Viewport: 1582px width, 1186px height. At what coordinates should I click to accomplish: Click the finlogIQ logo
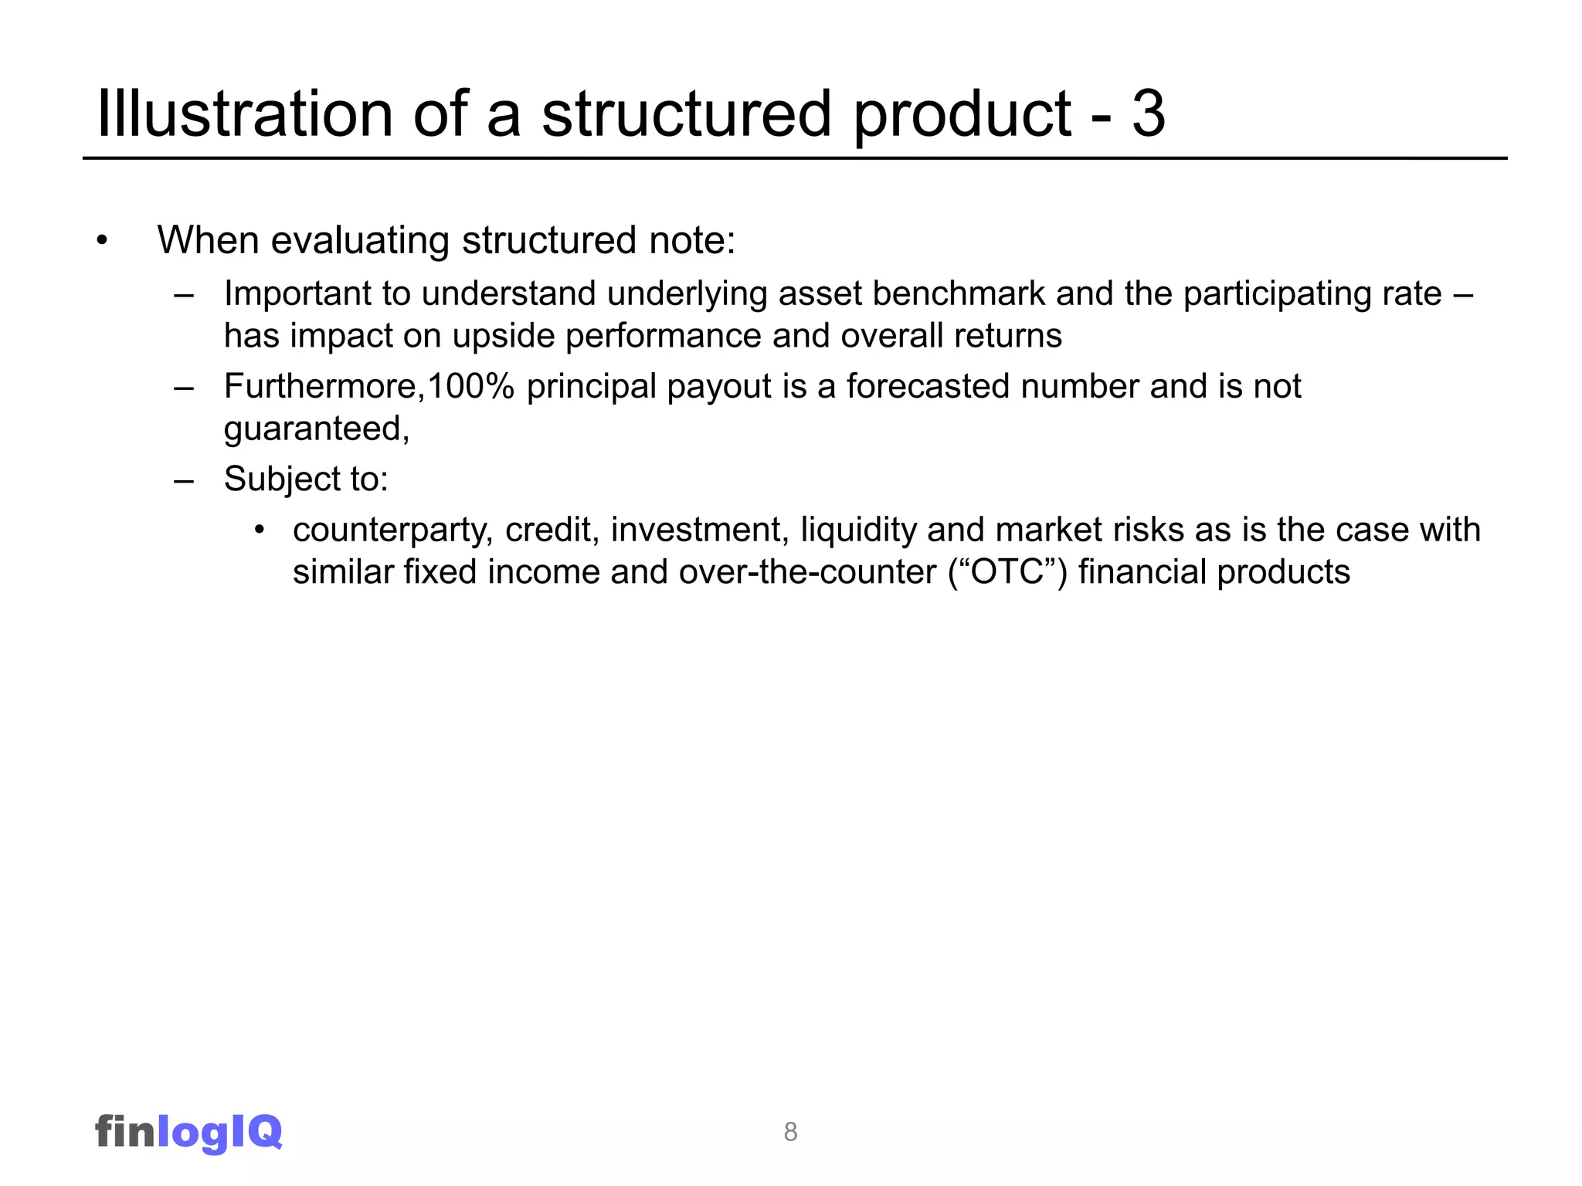tap(188, 1132)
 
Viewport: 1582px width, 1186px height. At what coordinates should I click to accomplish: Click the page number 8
tap(790, 1132)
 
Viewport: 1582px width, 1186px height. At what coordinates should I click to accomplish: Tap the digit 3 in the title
tap(1148, 114)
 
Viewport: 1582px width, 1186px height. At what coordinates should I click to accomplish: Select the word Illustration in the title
tap(244, 114)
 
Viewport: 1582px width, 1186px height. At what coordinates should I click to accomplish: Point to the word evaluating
tap(360, 240)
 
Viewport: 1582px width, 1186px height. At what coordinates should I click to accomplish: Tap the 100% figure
tap(470, 386)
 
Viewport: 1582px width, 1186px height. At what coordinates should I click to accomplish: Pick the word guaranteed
tap(314, 429)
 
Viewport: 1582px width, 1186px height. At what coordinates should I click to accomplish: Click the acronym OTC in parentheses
tap(1007, 572)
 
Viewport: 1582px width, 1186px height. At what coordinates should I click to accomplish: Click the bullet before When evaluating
tap(102, 241)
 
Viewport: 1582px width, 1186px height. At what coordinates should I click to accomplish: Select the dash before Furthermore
tap(184, 387)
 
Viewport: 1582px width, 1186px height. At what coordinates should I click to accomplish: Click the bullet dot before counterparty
tap(260, 530)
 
